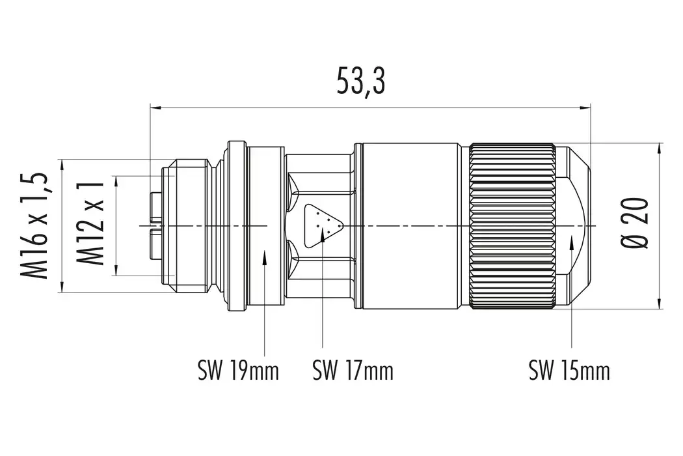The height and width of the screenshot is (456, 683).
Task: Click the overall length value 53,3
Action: (361, 81)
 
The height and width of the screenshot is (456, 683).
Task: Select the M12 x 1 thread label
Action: (91, 225)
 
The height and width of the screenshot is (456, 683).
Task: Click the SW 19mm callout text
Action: (238, 372)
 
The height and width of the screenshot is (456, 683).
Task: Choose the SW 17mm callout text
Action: (353, 372)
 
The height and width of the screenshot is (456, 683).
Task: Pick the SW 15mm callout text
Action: (569, 372)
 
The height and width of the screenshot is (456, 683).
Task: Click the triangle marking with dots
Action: (321, 225)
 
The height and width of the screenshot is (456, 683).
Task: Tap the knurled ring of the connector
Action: (512, 225)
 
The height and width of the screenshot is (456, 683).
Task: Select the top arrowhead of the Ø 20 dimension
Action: (660, 148)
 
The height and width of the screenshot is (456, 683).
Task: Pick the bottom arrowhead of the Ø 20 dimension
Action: (660, 302)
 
